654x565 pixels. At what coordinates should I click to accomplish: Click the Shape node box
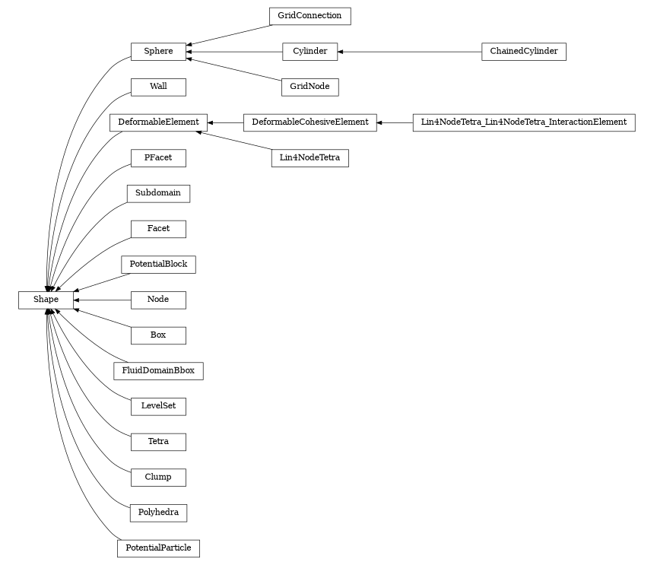pyautogui.click(x=46, y=300)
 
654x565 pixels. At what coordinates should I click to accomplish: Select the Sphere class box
pyautogui.click(x=158, y=52)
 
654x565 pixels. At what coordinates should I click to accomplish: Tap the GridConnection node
pyautogui.click(x=310, y=16)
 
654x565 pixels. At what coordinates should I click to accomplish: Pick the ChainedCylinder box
pyautogui.click(x=523, y=52)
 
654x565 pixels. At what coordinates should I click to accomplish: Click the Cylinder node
pyautogui.click(x=310, y=52)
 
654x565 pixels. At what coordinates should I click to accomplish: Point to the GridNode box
pyautogui.click(x=310, y=87)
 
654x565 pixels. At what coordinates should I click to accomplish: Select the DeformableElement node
pyautogui.click(x=158, y=122)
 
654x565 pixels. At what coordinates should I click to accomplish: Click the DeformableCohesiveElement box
pyautogui.click(x=310, y=122)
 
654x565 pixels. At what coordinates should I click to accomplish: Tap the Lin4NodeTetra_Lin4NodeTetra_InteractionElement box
pyautogui.click(x=523, y=122)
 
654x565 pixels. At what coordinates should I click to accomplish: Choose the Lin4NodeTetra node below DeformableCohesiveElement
pyautogui.click(x=310, y=158)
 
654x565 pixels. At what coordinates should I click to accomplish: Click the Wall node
pyautogui.click(x=158, y=87)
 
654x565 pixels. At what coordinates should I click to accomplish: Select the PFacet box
pyautogui.click(x=158, y=158)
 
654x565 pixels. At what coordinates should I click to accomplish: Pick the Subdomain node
pyautogui.click(x=158, y=193)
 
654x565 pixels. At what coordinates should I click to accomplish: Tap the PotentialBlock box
pyautogui.click(x=158, y=265)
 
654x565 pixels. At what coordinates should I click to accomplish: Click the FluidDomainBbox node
pyautogui.click(x=158, y=371)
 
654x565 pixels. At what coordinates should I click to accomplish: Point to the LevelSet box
pyautogui.click(x=158, y=406)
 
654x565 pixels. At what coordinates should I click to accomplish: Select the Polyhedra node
pyautogui.click(x=158, y=513)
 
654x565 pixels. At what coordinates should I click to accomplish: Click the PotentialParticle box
pyautogui.click(x=158, y=548)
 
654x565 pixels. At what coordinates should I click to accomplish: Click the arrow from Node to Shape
pyautogui.click(x=102, y=300)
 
